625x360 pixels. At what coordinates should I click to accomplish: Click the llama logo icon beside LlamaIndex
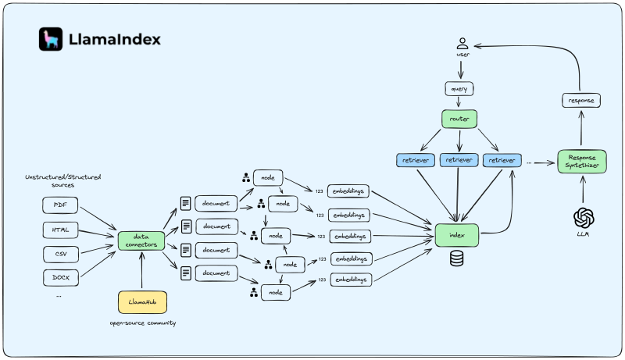click(51, 39)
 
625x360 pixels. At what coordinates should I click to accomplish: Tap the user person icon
click(462, 44)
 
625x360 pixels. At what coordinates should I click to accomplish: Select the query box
click(460, 89)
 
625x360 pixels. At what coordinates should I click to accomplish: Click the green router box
click(459, 119)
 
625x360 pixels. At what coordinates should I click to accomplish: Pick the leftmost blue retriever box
click(416, 160)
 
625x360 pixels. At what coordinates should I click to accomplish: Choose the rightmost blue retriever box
click(502, 160)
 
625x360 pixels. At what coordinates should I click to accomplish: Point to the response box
click(581, 100)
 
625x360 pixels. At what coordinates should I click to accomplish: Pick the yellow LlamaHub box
click(141, 301)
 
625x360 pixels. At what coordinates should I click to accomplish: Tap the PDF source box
click(60, 205)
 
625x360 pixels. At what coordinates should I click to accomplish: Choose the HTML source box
click(60, 230)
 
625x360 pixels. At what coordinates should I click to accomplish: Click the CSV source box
click(60, 254)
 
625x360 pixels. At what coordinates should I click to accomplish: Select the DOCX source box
click(60, 278)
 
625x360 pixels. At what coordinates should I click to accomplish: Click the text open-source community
click(142, 323)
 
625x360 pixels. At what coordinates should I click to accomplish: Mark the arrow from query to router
click(459, 104)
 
